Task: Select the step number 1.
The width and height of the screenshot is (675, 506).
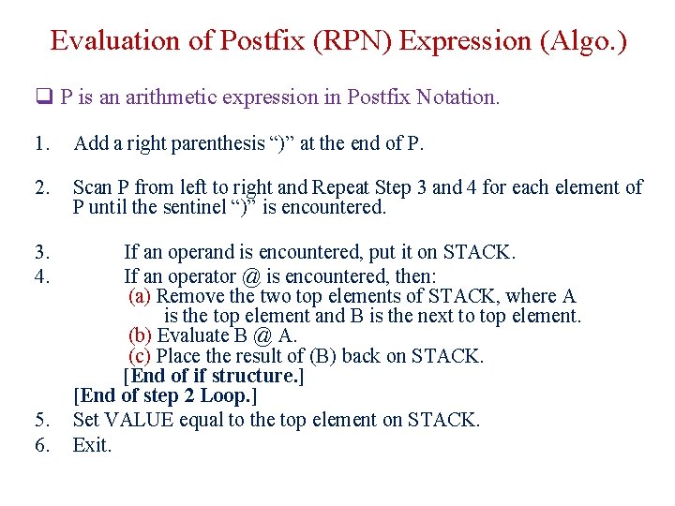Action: (x=39, y=143)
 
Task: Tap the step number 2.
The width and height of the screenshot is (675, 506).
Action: (x=39, y=187)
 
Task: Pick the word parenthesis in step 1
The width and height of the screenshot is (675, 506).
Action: (x=215, y=143)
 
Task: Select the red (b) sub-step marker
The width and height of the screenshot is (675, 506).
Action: (x=141, y=335)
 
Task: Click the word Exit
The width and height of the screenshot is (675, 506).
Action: (x=91, y=444)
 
